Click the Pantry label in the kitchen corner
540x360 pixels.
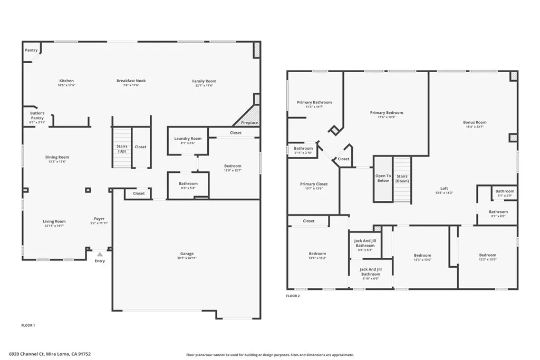tap(31, 50)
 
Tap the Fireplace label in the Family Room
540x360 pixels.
tap(249, 123)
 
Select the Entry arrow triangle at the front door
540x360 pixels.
tap(99, 254)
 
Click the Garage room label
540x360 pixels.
tap(187, 254)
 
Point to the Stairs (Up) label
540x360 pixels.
tap(122, 149)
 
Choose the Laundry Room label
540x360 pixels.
tap(188, 139)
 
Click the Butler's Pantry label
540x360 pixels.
tap(37, 115)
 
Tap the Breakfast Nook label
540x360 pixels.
tap(131, 81)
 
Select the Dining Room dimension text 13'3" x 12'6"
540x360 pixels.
tap(56, 162)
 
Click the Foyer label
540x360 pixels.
tap(99, 219)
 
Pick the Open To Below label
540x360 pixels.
tap(383, 178)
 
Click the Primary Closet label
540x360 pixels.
tap(314, 184)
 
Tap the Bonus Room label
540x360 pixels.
tap(475, 122)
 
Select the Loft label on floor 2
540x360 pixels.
tap(445, 188)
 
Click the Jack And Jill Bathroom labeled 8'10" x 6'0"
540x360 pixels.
tap(370, 271)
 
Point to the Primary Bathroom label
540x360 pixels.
tap(314, 102)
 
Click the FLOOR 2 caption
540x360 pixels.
tap(293, 296)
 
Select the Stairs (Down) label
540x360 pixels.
tap(402, 178)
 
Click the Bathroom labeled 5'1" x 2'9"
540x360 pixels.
tap(505, 191)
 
